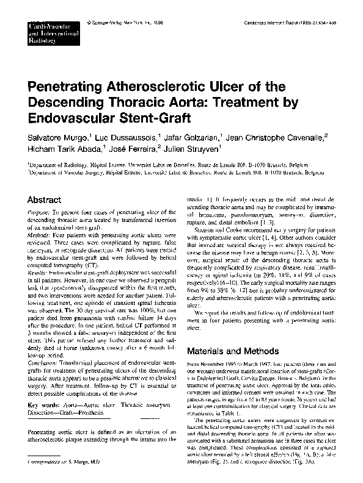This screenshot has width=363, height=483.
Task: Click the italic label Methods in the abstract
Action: [39, 234]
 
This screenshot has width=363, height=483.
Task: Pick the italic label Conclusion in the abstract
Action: [43, 363]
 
